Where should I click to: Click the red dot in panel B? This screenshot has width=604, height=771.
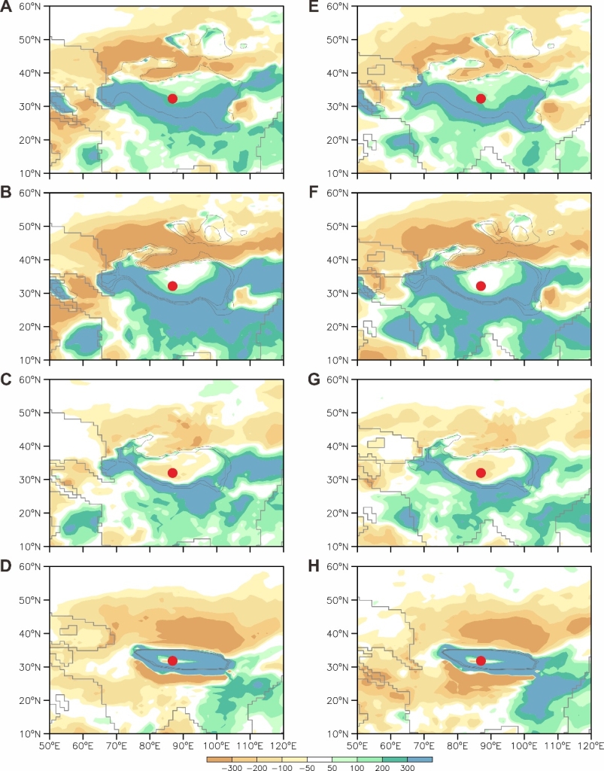pyautogui.click(x=172, y=286)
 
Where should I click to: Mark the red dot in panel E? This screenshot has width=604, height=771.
pyautogui.click(x=481, y=99)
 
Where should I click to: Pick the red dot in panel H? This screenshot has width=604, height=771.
pyautogui.click(x=481, y=660)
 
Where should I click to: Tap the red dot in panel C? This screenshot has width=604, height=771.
pyautogui.click(x=172, y=473)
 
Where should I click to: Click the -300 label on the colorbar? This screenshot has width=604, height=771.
pyautogui.click(x=233, y=766)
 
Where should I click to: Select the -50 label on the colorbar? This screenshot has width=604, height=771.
pyautogui.click(x=308, y=766)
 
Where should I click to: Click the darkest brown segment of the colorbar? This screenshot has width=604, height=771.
pyautogui.click(x=220, y=759)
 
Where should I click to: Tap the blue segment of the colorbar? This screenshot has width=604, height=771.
pyautogui.click(x=420, y=759)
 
